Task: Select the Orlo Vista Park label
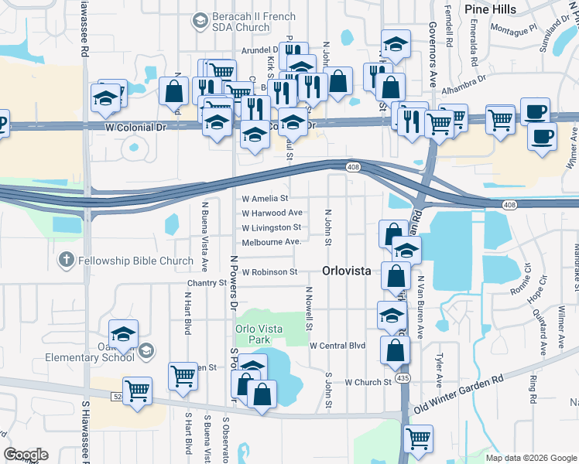259,334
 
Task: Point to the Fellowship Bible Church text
135,261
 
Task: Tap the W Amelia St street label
265,199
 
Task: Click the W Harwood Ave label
272,213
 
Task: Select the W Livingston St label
271,228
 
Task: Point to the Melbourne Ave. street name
271,242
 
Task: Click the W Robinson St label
269,272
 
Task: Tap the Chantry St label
205,284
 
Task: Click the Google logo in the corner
26,455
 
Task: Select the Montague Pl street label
512,29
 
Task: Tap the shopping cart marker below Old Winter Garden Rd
418,438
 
